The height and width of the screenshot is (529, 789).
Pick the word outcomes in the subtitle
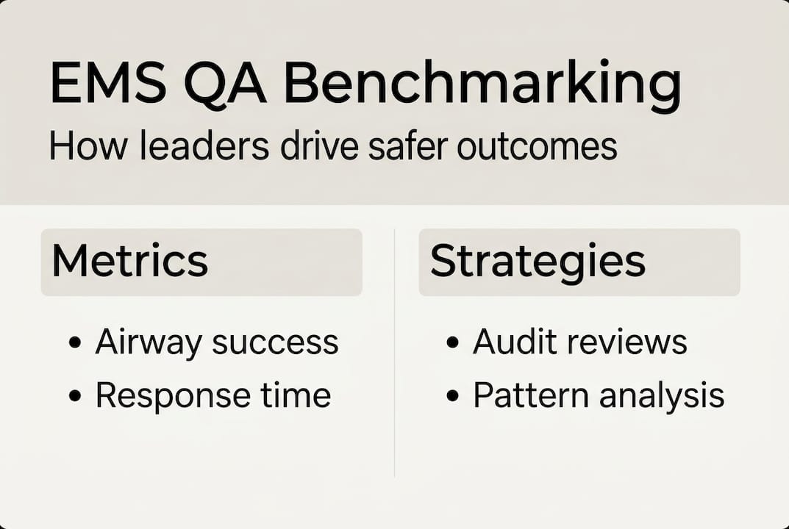coord(537,146)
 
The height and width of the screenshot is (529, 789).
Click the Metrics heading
coord(130,260)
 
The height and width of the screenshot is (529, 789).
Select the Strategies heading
coord(538,260)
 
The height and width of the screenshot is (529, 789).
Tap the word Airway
coord(149,342)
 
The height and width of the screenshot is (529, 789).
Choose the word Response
coord(165,396)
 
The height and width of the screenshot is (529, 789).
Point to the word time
coord(294,396)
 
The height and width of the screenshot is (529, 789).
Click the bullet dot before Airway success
coord(74,344)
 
